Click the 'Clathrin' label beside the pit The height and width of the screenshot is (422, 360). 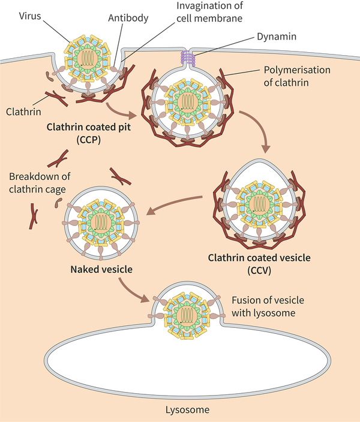pos(23,111)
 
